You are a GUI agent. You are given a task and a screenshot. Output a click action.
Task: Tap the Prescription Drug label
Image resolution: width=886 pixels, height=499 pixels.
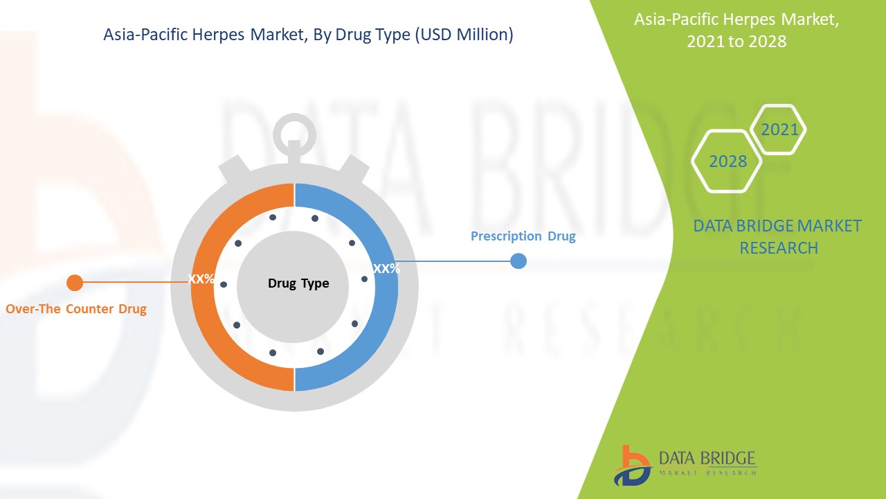523,236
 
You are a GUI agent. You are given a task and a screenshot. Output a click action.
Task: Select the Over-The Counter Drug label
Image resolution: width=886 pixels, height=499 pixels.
76,309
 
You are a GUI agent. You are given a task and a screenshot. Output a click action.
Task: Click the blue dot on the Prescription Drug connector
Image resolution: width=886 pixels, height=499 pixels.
518,261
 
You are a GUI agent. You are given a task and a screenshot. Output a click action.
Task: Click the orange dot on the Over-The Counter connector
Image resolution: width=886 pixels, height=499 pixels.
75,283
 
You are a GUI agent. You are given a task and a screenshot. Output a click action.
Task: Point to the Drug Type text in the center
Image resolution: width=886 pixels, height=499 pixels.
298,283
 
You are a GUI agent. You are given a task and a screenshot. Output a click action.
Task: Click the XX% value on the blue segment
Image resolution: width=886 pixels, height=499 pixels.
386,269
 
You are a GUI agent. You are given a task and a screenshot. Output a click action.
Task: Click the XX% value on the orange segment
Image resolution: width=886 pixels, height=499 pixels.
201,279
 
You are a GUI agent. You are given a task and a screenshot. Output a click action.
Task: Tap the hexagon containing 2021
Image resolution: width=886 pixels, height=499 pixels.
779,130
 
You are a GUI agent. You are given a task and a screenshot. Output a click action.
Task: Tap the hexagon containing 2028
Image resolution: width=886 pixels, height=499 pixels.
727,161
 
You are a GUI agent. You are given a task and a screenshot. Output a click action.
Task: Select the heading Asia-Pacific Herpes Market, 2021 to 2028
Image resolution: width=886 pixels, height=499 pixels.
736,30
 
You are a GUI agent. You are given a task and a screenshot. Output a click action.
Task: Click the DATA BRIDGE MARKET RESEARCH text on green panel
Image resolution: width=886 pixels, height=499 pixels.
777,236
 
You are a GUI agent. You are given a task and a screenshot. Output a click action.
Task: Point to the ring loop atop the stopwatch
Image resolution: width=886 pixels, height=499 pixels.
294,130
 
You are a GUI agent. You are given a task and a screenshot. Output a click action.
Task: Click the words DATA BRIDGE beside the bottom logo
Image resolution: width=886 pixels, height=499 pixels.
707,458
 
